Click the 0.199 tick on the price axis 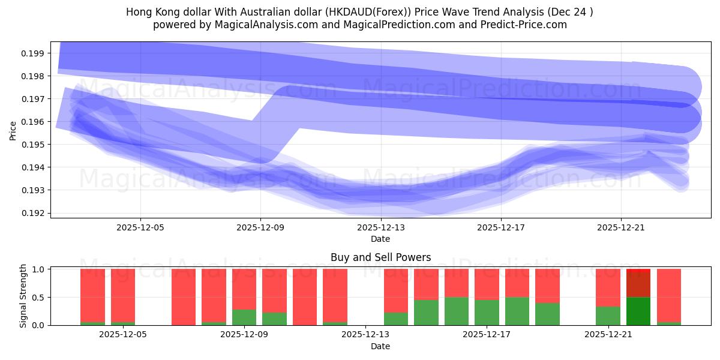point(34,53)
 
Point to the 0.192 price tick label point(34,213)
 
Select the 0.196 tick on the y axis point(34,122)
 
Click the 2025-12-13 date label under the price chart point(380,227)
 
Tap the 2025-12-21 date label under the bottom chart point(608,335)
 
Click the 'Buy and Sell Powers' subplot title point(380,258)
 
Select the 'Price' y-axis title point(13,130)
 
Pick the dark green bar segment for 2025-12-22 point(638,311)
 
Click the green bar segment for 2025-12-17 point(487,312)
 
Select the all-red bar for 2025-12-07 point(184,297)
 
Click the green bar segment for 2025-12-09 point(244,317)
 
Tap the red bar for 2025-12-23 point(669,295)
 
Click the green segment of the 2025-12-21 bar point(608,316)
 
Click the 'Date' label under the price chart point(380,239)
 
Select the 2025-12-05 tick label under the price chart point(140,227)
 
